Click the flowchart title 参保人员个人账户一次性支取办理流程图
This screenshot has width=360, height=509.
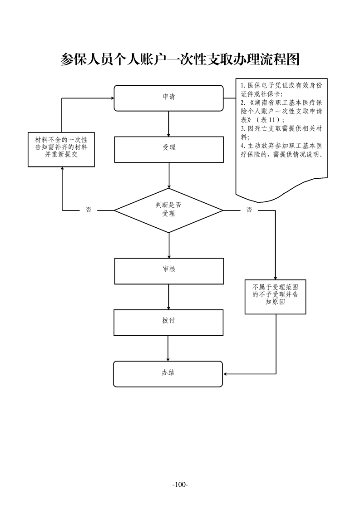[x=180, y=59]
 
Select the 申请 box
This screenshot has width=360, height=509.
[x=168, y=98]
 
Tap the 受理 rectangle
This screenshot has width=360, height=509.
[x=168, y=148]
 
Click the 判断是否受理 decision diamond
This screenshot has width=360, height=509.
[x=168, y=210]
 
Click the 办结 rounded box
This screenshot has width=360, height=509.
[x=168, y=373]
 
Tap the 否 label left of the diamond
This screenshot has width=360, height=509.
[x=89, y=210]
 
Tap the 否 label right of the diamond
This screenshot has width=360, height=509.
[x=249, y=210]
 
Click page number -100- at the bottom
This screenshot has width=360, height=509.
[x=180, y=485]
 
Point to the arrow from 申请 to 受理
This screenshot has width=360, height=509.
[x=169, y=123]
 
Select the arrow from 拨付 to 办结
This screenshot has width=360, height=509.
[x=168, y=348]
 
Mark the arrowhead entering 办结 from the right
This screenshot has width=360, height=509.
[x=226, y=374]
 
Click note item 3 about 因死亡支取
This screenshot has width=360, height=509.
[x=281, y=132]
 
